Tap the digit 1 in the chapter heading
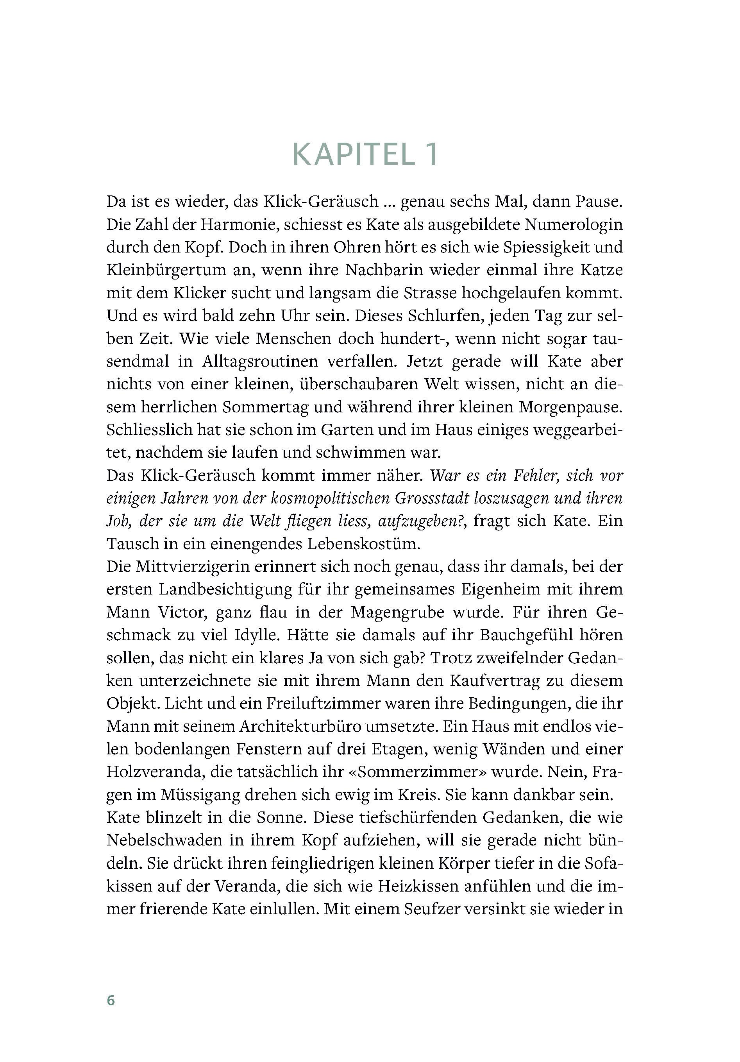click(x=430, y=154)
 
